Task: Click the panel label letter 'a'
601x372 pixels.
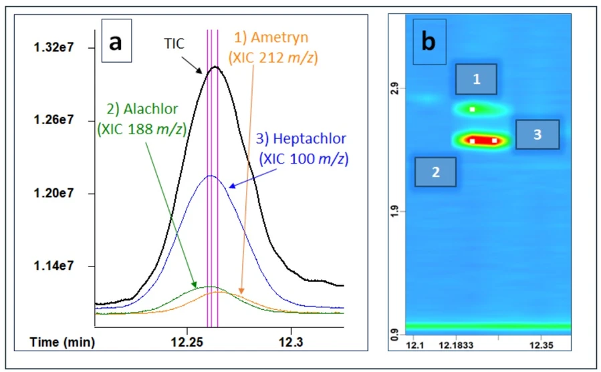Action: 116,42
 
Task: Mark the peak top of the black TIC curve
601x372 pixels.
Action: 214,67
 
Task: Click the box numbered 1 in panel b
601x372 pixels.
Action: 477,79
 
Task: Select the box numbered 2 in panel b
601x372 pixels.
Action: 435,172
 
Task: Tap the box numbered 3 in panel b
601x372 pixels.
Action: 537,134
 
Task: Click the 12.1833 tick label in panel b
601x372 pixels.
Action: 456,345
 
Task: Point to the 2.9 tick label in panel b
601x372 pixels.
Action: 394,87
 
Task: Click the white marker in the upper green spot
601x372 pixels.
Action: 472,109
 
